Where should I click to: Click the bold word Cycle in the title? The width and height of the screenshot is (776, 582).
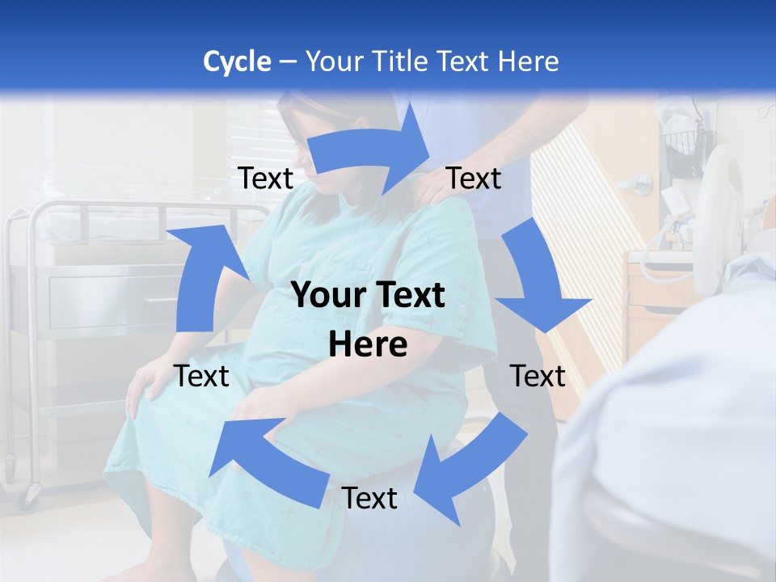(237, 61)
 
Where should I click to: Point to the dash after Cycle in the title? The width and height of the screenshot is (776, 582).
(288, 62)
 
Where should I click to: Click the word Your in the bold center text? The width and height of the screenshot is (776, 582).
(327, 296)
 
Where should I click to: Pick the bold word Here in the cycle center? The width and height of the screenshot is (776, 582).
(368, 345)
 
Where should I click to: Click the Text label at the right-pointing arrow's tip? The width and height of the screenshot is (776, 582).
(474, 178)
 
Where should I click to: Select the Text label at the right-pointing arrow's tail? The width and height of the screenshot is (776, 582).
(265, 178)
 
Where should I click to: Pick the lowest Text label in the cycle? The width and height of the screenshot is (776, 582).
(369, 498)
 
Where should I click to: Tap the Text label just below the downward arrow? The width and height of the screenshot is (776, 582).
(538, 376)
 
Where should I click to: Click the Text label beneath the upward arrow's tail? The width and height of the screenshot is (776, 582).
(201, 376)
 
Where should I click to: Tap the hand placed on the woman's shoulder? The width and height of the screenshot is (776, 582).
(432, 188)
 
